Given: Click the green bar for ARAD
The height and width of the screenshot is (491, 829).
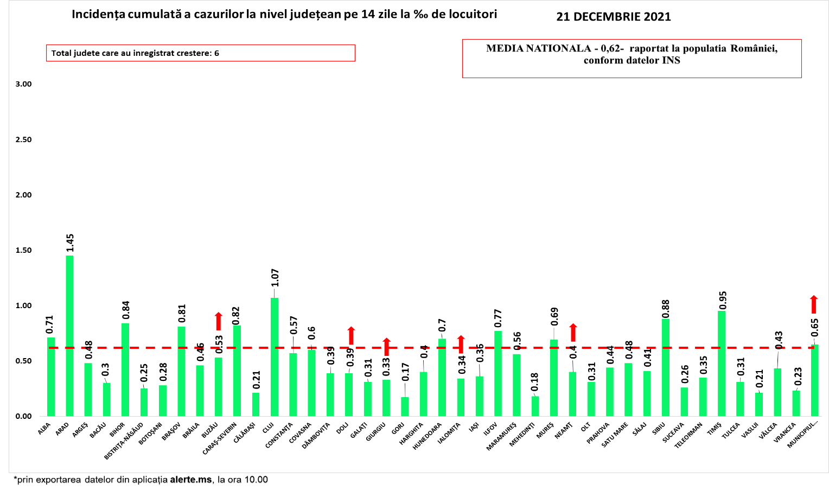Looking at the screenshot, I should coord(69,336).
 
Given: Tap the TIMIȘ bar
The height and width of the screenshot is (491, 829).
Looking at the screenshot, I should coord(722,364).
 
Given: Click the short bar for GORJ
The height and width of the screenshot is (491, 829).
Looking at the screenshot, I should coord(405,407).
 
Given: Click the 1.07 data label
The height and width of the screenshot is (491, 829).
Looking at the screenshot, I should coord(275,278).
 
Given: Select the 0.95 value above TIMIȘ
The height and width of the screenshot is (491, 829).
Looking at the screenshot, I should coord(722,300).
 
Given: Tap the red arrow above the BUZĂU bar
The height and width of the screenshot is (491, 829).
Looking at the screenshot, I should coord(219,321).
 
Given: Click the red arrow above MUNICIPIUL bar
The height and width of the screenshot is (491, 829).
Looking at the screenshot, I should coord(814,304).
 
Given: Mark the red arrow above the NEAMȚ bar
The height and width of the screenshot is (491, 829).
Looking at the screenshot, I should coord(573,333).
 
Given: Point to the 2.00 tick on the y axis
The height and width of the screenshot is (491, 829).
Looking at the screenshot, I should coord(23,195).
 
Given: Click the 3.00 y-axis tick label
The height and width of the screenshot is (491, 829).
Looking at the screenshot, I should coord(23,84).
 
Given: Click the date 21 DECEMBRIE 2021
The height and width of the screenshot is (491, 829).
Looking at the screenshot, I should coord(614,17).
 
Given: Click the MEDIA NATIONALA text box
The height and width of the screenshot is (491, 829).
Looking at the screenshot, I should coord(632,58).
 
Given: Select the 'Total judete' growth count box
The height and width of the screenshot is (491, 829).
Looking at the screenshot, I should coord(200,53).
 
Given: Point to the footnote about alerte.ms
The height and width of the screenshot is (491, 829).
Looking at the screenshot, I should coord(141,480).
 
